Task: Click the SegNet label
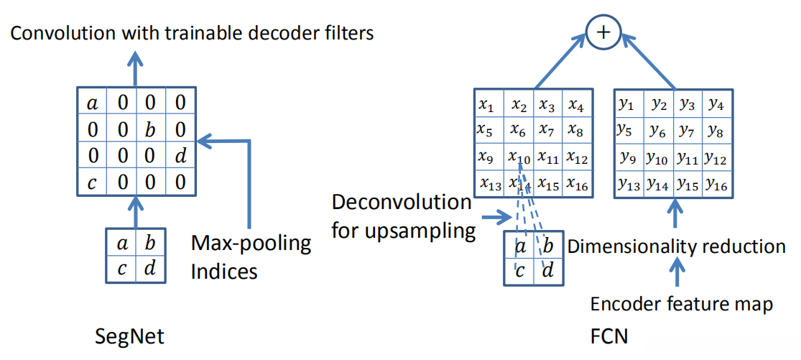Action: pos(130,336)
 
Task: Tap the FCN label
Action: pos(608,336)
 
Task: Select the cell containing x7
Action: pos(548,130)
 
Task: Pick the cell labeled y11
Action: pos(687,157)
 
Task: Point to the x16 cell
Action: pos(576,183)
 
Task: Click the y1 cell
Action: pos(627,105)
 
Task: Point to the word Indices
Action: pos(224,272)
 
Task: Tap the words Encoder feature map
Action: pos(681,305)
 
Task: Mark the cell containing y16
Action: pos(716,183)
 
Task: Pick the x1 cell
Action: pos(488,105)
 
